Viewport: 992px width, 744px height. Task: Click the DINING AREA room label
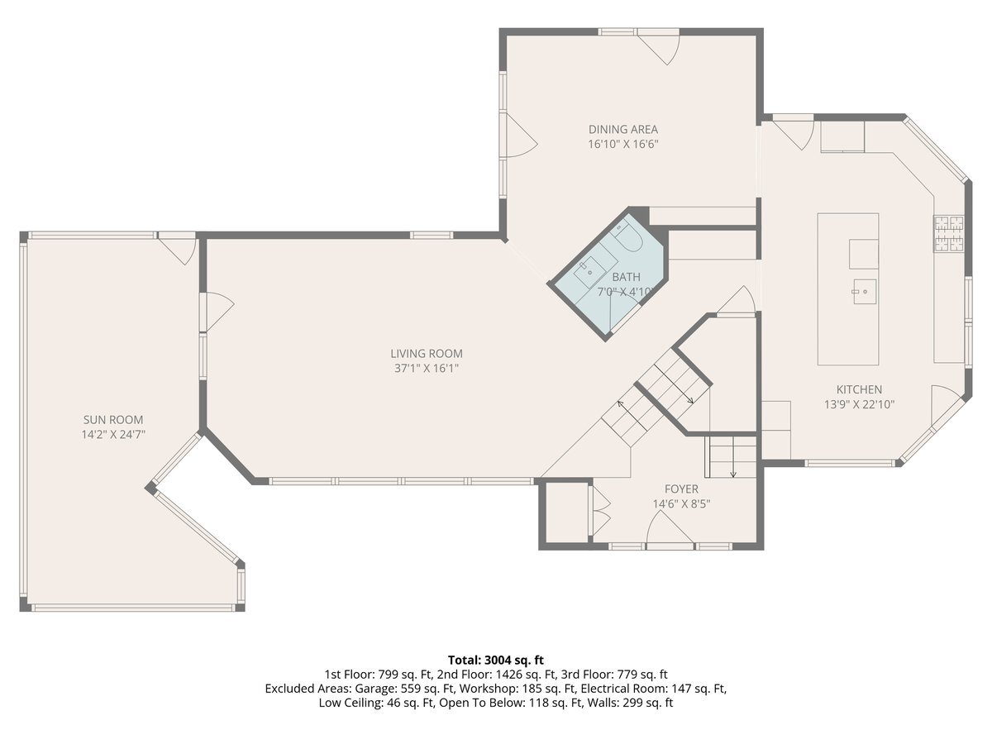[x=622, y=130]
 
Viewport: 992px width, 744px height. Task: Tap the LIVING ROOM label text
[x=427, y=354]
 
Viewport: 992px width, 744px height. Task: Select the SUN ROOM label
[x=113, y=420]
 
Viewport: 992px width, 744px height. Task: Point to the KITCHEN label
[x=859, y=389]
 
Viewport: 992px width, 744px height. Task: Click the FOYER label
[x=681, y=489]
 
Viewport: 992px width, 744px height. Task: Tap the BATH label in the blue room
[x=626, y=277]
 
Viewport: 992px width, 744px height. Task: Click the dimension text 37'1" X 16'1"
[x=427, y=368]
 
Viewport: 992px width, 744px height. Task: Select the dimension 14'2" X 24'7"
[x=113, y=435]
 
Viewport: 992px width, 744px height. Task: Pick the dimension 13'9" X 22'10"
[x=859, y=404]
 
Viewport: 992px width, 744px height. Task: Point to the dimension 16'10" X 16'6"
[x=622, y=144]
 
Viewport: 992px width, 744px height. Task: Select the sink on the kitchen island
[x=865, y=292]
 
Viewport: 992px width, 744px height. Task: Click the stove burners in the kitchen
[x=949, y=234]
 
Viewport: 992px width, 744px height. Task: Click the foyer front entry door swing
[x=670, y=531]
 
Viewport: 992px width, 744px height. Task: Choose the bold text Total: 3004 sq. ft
[x=496, y=661]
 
